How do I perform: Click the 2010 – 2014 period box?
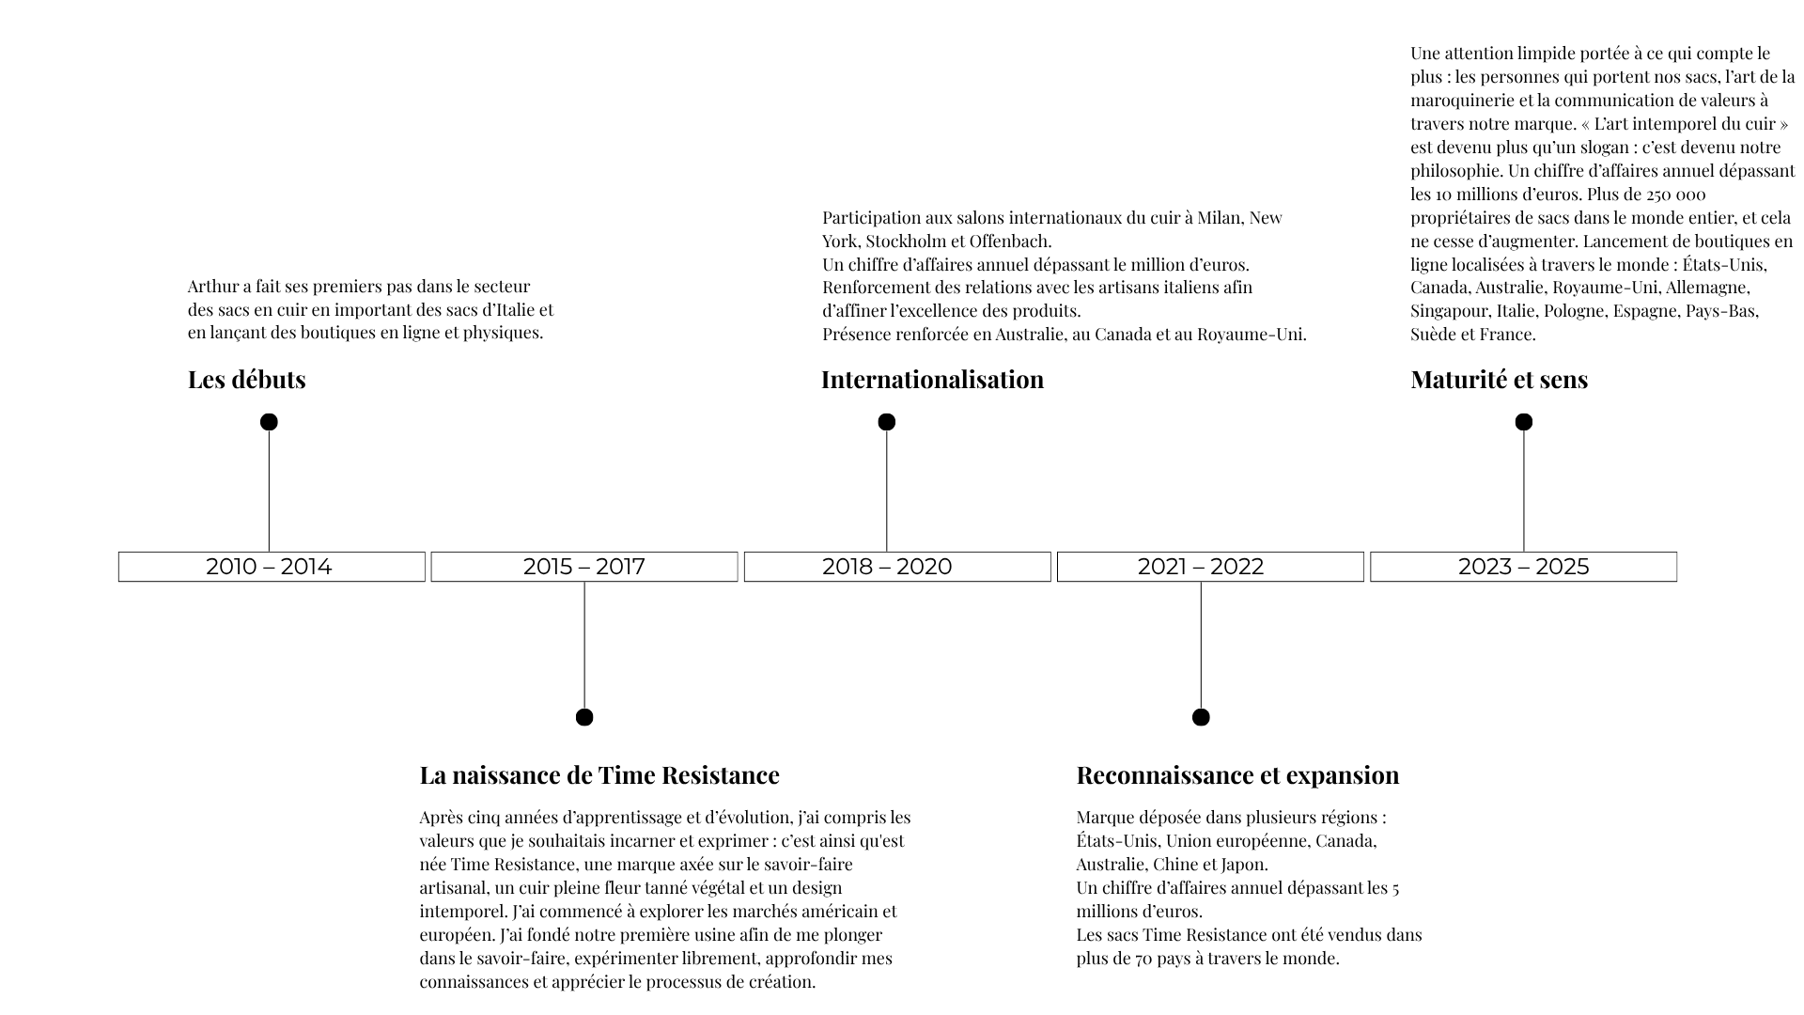[271, 567]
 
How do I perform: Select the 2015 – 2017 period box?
[583, 567]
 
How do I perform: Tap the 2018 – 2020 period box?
[896, 567]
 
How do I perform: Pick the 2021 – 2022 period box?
[1209, 567]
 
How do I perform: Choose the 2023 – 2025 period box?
[1523, 567]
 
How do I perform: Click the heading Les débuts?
[246, 380]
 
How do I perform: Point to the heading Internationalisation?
[932, 380]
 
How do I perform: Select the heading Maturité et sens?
[1499, 380]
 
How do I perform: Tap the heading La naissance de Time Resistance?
[599, 775]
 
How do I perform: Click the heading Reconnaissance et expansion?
[1237, 775]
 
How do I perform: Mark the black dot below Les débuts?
[269, 422]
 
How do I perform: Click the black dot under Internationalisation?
[886, 422]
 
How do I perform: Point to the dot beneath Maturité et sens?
[1523, 422]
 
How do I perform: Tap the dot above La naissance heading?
[583, 717]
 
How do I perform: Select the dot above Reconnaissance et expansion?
[1200, 717]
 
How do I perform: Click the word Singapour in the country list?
[1449, 311]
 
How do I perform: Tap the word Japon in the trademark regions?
[1246, 865]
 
